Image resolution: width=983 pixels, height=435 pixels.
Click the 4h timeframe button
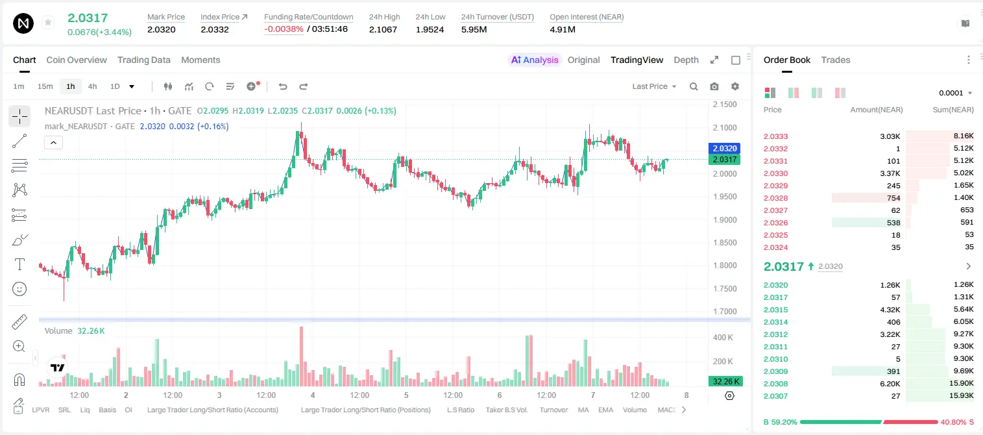coord(92,86)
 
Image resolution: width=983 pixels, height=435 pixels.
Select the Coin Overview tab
coord(77,60)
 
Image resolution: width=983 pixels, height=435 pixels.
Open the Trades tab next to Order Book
coord(836,60)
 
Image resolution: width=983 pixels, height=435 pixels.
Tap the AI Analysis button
coord(535,60)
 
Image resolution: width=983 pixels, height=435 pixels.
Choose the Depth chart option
coord(686,60)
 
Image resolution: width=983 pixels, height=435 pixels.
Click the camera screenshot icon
coord(714,86)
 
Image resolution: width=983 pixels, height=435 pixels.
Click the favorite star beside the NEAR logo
coord(48,22)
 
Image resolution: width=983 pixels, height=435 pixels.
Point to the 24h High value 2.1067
coord(383,29)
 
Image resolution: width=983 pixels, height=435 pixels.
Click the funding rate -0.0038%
coord(284,29)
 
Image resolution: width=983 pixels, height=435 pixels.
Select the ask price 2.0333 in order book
coord(775,136)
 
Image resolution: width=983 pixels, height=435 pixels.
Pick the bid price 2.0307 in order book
coord(775,396)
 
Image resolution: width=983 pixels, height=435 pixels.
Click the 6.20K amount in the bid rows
coord(890,384)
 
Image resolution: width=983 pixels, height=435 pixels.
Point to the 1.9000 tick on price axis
coord(725,220)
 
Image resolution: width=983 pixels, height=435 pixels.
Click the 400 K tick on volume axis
coord(723,338)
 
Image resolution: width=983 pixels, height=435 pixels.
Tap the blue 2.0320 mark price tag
coord(725,149)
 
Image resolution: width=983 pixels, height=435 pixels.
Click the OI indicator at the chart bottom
coord(128,410)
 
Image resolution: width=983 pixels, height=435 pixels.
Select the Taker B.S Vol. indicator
coord(506,410)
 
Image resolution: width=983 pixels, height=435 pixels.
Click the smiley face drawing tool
coord(19,289)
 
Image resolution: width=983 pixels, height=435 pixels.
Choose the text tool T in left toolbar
coord(19,264)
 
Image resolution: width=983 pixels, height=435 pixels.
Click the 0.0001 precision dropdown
coord(955,93)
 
